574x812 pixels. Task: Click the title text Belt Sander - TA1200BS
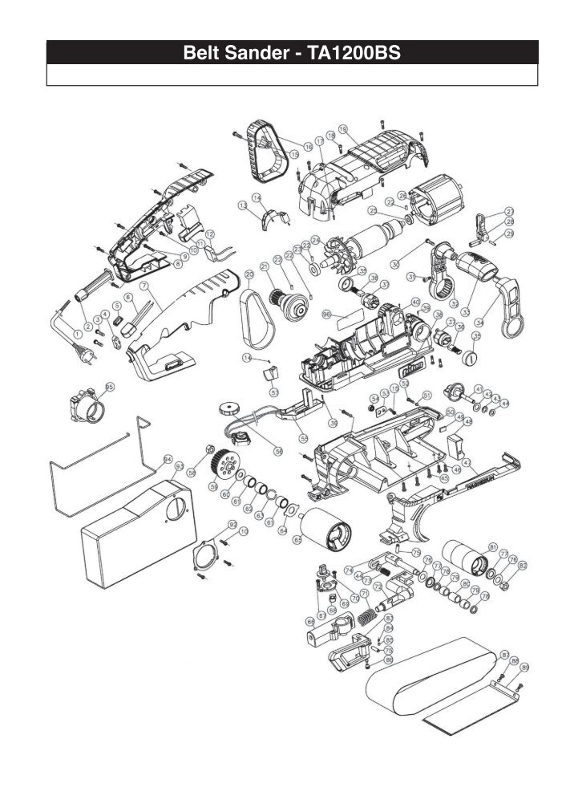pos(292,53)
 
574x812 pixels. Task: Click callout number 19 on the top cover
pos(342,128)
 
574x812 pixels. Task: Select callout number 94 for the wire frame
pos(168,460)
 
